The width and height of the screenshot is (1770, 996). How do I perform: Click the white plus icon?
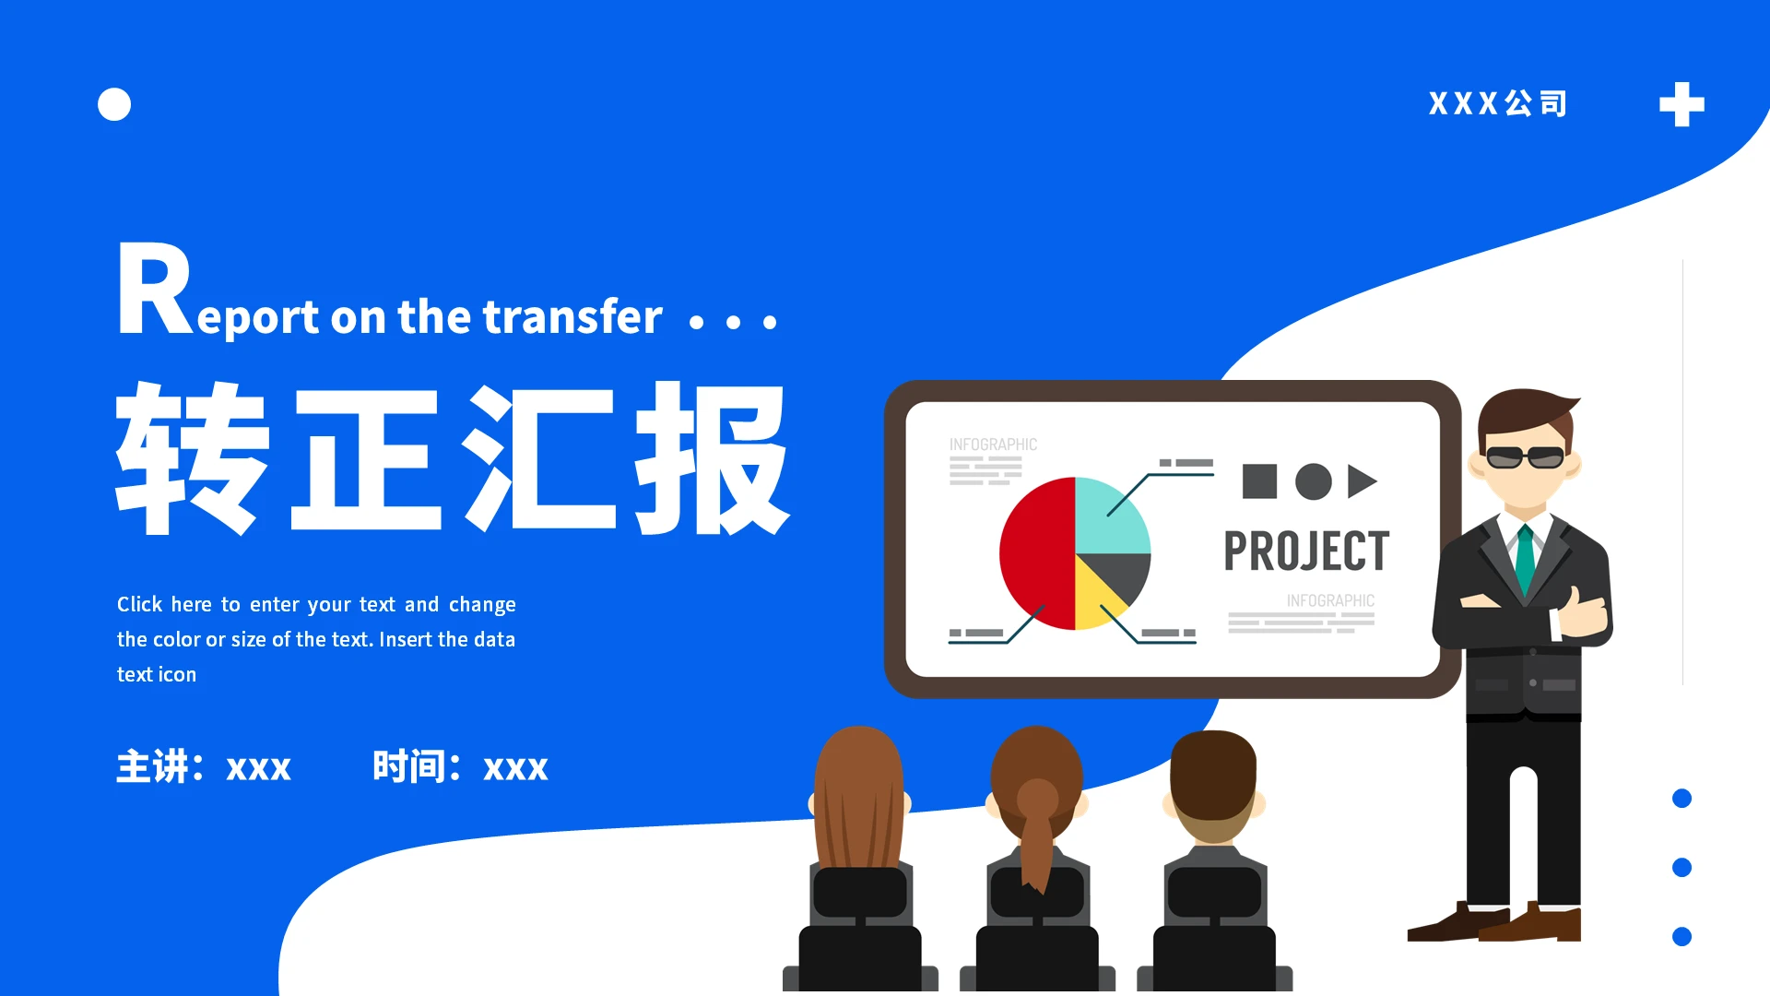click(x=1681, y=104)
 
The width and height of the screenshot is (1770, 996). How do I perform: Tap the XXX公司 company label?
click(x=1497, y=103)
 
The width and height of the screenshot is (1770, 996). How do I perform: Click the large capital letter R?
click(x=153, y=290)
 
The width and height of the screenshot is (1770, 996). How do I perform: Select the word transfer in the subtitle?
click(x=572, y=316)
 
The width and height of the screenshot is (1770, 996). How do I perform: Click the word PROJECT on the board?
click(x=1305, y=551)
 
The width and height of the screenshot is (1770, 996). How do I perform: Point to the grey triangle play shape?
click(x=1361, y=481)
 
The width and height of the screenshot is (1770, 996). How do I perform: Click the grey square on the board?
click(x=1259, y=481)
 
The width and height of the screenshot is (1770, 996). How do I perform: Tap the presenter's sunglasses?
click(x=1525, y=456)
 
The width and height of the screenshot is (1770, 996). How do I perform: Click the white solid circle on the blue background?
click(x=114, y=104)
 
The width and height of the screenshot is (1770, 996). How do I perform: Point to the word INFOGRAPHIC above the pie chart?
click(x=993, y=445)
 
